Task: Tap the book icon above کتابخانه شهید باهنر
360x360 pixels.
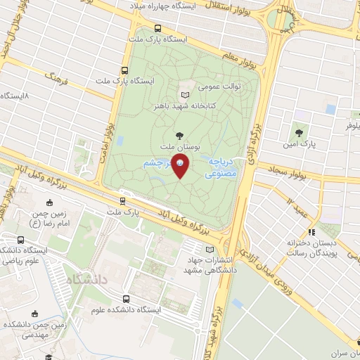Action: coord(186,95)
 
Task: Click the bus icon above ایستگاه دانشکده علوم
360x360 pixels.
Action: coord(125,298)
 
